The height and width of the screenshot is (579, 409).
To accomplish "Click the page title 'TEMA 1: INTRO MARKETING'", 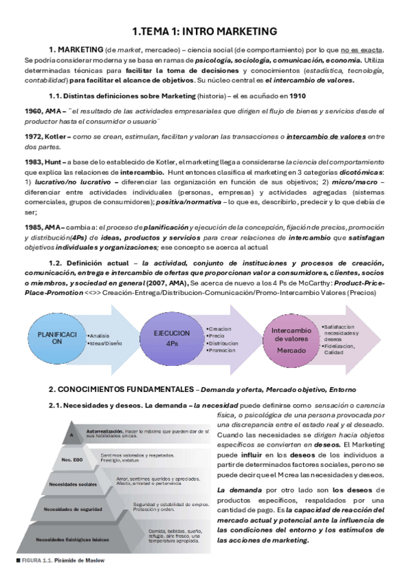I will click(x=204, y=31).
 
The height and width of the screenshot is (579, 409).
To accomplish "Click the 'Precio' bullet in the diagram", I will click(x=217, y=335).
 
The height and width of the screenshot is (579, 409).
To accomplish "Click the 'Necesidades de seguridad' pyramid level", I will click(x=74, y=509).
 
